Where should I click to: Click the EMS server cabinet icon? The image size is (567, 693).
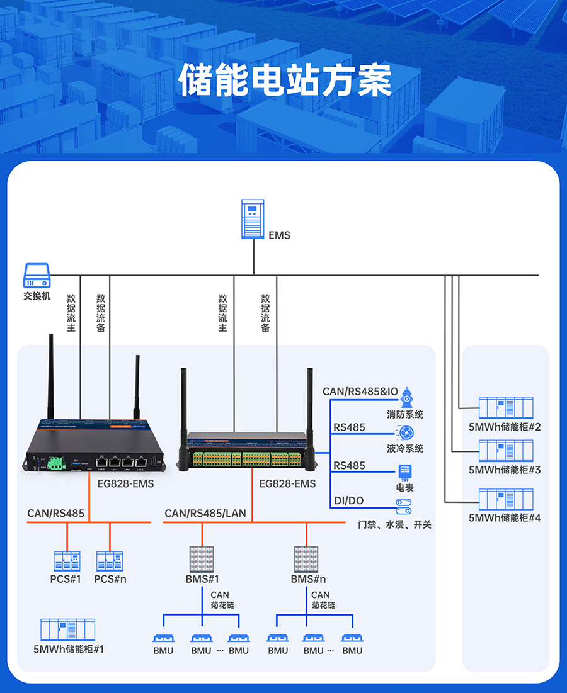pos(253,219)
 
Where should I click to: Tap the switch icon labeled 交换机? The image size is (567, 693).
pos(37,276)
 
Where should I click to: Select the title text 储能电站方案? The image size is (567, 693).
pos(285,80)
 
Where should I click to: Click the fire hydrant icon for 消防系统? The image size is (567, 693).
pos(406,397)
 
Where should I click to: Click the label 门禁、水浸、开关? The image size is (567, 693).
pos(394,524)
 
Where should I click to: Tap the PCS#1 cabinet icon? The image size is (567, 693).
pos(66,561)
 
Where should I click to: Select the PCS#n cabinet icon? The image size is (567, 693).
pos(110,561)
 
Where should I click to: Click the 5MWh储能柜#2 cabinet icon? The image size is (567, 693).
pos(505,408)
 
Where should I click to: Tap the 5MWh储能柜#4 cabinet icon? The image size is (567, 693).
pos(505,500)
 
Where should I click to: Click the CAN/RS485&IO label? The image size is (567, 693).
pos(360,392)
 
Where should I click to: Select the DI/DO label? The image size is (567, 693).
pos(348,501)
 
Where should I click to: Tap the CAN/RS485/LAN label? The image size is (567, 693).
pos(205,514)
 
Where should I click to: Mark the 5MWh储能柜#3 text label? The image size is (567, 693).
pos(505,470)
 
